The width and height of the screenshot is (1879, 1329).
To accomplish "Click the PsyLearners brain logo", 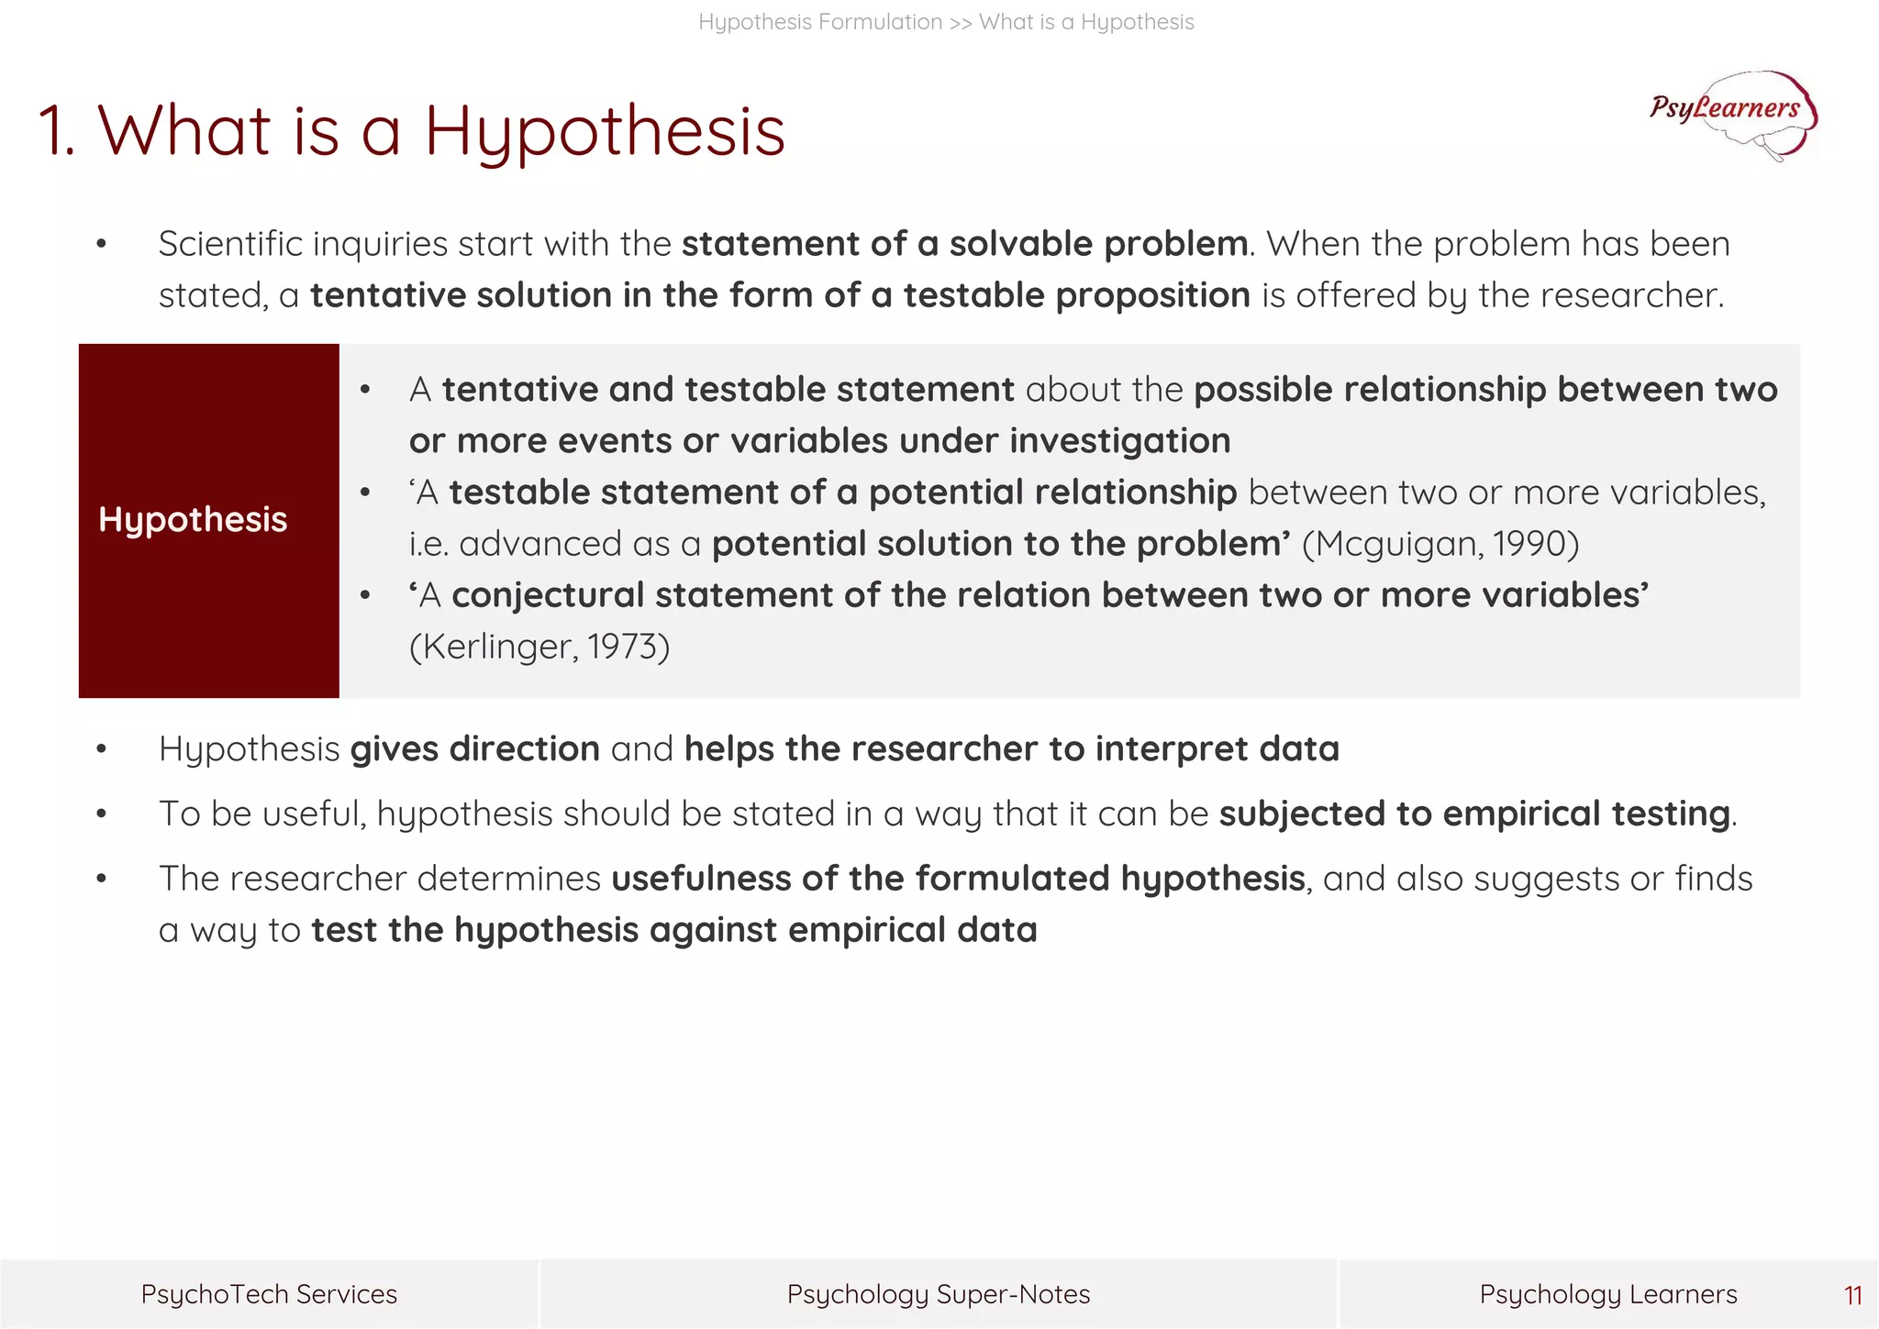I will pos(1732,115).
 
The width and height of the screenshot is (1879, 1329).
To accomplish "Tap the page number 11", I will pos(1852,1295).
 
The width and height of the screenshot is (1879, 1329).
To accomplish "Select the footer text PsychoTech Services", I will pos(269,1294).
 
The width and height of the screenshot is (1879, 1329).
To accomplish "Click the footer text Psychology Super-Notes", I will pos(939,1294).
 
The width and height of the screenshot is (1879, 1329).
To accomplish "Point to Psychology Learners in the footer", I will pos(1607,1294).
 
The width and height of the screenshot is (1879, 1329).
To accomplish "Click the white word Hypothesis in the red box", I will pos(193,519).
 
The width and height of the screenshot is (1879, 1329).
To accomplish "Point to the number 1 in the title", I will pos(52,131).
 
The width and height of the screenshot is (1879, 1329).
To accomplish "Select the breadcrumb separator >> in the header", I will pos(961,22).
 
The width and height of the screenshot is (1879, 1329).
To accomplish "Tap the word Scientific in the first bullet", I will pos(230,244).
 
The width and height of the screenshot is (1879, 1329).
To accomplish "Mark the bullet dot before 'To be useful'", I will pos(101,814).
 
